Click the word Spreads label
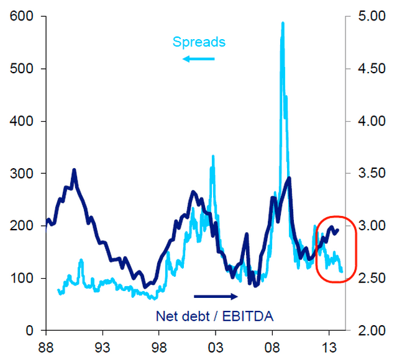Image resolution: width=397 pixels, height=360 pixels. coord(199,42)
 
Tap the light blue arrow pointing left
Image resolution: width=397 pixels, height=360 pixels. coord(198,59)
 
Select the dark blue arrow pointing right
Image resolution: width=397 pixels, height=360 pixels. coord(216,296)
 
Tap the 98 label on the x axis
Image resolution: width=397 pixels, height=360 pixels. coord(158,346)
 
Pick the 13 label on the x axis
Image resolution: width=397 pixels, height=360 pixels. coord(329,346)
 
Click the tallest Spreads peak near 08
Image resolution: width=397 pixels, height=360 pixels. coord(283,24)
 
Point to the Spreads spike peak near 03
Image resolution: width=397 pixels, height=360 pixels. coord(212,156)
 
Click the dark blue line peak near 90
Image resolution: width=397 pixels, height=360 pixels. coord(74,169)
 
